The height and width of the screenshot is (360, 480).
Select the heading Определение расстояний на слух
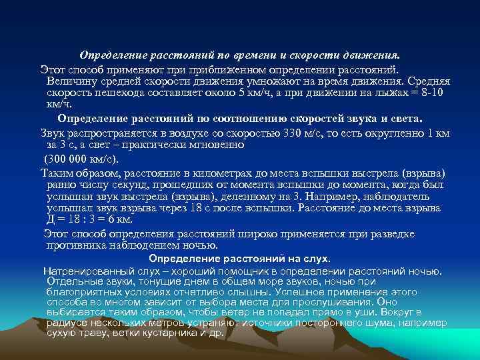(239, 259)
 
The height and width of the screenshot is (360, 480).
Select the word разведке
(393, 233)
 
